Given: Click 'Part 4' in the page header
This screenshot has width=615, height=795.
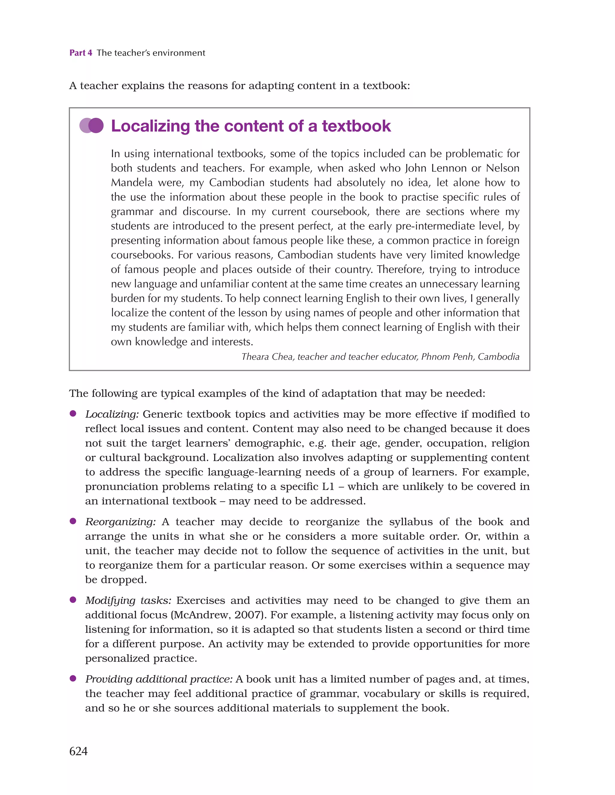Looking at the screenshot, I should click(81, 53).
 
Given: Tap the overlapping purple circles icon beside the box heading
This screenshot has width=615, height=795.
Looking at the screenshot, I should click(92, 126).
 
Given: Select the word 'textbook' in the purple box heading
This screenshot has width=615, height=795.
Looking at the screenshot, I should click(356, 126).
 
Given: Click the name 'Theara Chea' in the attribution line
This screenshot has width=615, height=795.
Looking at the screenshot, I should click(267, 357).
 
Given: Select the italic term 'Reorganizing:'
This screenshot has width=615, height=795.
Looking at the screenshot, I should click(120, 522).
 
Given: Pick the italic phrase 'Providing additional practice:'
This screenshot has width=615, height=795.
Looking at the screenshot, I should click(159, 679).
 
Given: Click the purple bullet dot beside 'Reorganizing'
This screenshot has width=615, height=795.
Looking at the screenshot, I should click(73, 521).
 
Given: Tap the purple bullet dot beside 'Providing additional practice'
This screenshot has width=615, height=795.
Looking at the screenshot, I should click(73, 678).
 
